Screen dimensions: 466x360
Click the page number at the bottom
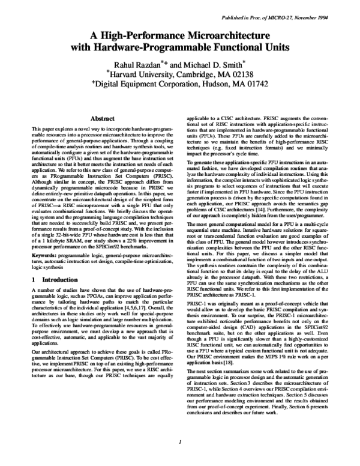pos(180,441)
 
